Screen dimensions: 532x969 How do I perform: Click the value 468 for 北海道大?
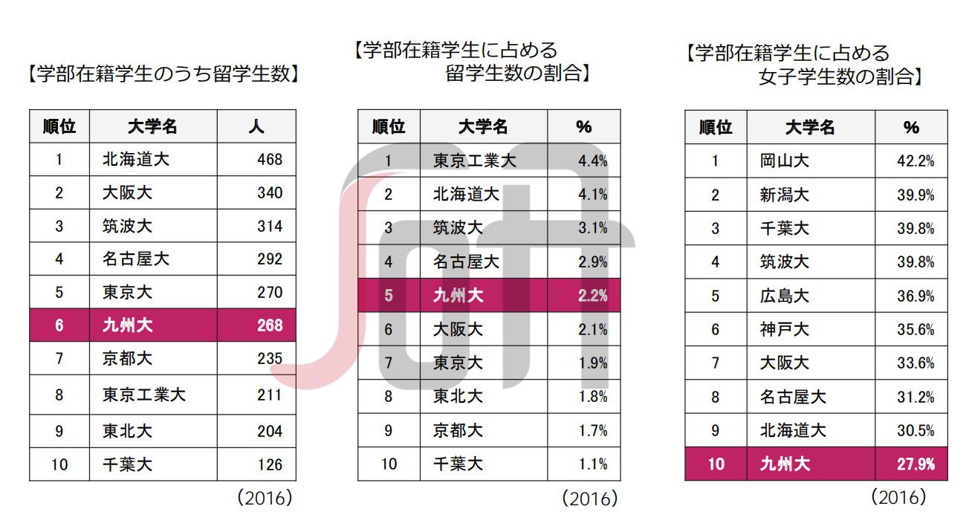(x=270, y=160)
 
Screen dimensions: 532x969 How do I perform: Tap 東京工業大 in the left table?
(x=144, y=395)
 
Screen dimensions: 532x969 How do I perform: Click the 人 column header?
(x=256, y=126)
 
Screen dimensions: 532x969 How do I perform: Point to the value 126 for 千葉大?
(x=270, y=465)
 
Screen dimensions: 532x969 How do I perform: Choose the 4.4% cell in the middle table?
(x=592, y=160)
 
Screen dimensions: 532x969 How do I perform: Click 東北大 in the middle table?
(x=458, y=397)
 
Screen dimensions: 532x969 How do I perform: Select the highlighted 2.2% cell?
(x=592, y=296)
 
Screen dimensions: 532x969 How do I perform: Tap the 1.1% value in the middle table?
(x=592, y=464)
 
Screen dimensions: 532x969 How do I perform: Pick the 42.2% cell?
(x=915, y=160)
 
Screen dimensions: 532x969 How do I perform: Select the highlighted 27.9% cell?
(x=915, y=464)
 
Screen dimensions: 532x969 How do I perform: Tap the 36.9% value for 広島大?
(x=915, y=296)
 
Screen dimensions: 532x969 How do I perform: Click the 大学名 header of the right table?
(x=810, y=127)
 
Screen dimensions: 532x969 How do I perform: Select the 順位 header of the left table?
(x=59, y=126)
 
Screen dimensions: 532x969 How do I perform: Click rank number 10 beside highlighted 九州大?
(x=715, y=464)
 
